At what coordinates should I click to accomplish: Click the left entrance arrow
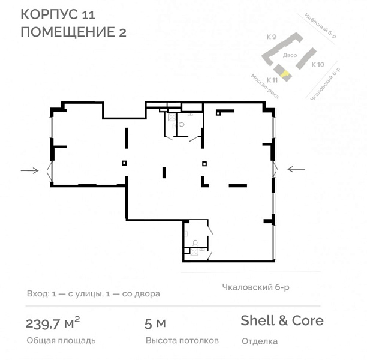[30, 170]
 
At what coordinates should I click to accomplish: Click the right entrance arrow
[296, 169]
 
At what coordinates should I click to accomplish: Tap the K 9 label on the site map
[272, 37]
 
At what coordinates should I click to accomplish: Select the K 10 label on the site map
[318, 64]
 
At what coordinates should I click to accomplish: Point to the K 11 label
[272, 80]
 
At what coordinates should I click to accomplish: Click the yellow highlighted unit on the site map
[285, 74]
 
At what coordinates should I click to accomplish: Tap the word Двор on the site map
[290, 55]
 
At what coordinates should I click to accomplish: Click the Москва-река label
[264, 86]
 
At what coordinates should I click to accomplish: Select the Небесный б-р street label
[320, 26]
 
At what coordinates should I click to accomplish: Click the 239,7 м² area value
[53, 323]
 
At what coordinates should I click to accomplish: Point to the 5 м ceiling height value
[155, 323]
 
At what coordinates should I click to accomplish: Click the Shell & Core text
[282, 320]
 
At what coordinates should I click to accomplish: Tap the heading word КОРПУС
[49, 14]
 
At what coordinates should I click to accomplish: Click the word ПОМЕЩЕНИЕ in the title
[65, 32]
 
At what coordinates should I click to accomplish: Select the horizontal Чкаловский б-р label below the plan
[255, 287]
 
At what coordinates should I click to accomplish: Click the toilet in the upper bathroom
[181, 124]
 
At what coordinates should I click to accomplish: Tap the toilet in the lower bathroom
[195, 242]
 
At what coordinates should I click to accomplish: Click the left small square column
[124, 163]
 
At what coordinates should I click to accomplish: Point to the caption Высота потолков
[182, 340]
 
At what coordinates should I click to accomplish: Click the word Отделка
[260, 341]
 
